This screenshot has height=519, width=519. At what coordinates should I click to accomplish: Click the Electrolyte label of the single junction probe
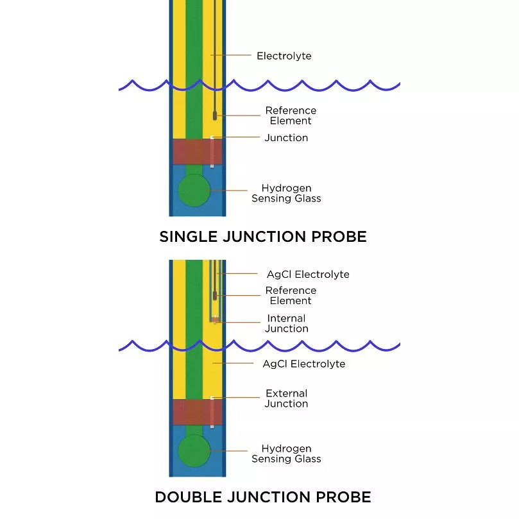point(284,56)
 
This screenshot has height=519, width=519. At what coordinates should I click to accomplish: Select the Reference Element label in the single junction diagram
point(291,115)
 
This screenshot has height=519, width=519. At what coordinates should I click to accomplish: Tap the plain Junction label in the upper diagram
point(286,138)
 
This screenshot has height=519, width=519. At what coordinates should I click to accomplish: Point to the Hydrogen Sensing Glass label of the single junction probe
point(286,193)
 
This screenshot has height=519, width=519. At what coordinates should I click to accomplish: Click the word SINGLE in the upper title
point(186,237)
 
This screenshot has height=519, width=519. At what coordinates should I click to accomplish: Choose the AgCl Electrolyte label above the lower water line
point(308,275)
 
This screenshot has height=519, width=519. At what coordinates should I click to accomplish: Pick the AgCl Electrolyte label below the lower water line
point(303,364)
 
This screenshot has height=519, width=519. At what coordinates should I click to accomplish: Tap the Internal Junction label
point(286,323)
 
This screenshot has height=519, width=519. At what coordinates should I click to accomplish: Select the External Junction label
point(286,398)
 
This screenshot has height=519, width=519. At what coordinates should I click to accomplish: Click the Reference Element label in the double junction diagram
point(291,295)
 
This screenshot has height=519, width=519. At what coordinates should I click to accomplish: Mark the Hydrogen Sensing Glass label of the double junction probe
point(286,454)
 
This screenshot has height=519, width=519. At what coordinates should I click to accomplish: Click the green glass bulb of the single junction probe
point(194,191)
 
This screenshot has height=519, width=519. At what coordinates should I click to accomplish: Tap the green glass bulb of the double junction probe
point(194,450)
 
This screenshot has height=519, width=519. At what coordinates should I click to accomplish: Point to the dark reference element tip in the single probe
point(215,116)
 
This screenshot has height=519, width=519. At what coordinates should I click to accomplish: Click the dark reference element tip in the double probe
point(216,296)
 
